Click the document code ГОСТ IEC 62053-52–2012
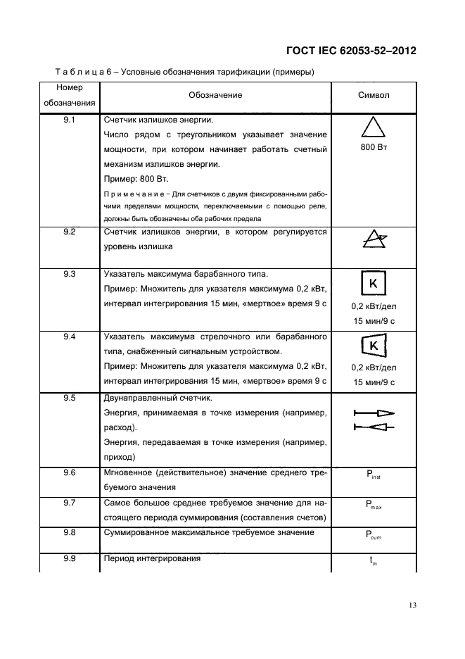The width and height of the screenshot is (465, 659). coord(351,51)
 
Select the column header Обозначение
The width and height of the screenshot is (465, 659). coord(215,95)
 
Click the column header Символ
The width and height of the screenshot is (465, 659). coord(374,95)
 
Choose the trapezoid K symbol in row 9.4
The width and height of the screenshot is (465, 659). coord(374,346)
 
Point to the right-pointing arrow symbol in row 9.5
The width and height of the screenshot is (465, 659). coord(374,413)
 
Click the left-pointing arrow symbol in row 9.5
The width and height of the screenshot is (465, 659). coord(374,427)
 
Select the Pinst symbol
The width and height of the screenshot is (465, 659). coord(374,476)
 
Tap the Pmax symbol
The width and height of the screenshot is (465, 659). coord(374,505)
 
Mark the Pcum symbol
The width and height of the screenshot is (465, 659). coord(374,536)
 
